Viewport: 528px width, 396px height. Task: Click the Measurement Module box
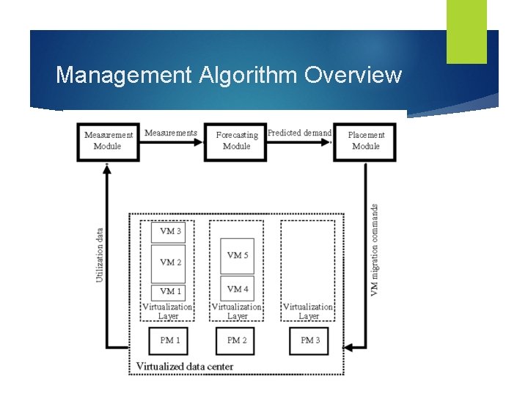point(108,141)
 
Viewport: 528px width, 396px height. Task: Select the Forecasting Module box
point(236,141)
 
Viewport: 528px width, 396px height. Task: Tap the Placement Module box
point(365,141)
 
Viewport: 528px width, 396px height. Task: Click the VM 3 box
point(171,232)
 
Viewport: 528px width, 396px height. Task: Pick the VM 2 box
point(171,263)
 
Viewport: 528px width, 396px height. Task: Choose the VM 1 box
point(171,291)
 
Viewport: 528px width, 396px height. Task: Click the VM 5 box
point(237,255)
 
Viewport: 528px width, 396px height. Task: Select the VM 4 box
point(237,288)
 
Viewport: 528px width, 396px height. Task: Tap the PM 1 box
point(170,340)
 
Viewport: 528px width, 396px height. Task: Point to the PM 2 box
point(237,340)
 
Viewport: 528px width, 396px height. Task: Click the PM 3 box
point(309,340)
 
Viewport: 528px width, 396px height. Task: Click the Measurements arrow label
point(171,133)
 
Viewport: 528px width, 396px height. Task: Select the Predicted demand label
point(299,133)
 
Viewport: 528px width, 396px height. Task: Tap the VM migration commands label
point(375,249)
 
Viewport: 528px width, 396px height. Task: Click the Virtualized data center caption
point(185,366)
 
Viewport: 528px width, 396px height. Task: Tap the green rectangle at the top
point(466,31)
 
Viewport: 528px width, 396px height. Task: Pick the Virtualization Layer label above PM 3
point(308,311)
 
